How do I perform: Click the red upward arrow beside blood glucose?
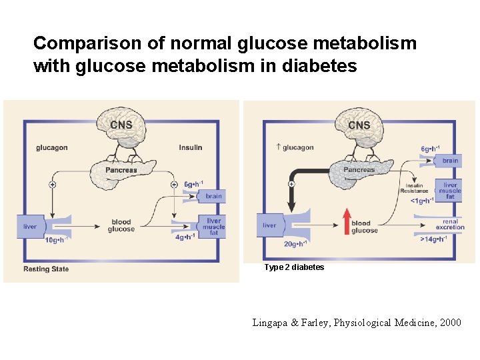point(346,221)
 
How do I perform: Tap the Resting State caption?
point(46,269)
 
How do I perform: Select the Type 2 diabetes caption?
point(294,267)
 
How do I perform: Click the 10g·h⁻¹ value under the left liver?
point(57,240)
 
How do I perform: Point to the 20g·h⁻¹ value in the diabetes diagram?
point(295,243)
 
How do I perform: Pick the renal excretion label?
point(451,224)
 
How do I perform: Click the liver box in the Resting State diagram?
point(30,227)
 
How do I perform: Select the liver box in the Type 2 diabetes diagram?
point(269,225)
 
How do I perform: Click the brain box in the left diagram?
point(213,196)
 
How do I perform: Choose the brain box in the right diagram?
point(450,161)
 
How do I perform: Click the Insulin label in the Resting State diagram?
point(191,147)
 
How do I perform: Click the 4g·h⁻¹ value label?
point(185,237)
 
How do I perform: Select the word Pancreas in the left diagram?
point(121,170)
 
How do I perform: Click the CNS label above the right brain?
point(359,125)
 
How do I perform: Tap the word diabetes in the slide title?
point(323,67)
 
